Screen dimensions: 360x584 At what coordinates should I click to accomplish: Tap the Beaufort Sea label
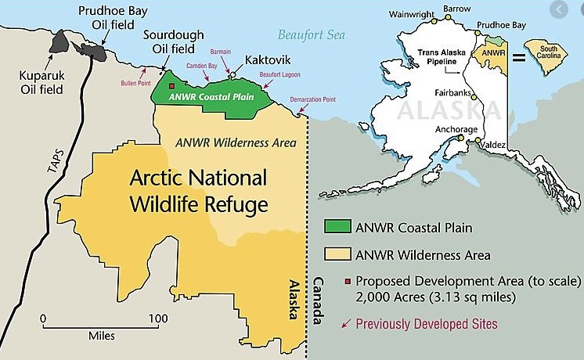(x=311, y=34)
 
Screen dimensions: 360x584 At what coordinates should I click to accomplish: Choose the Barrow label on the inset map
(x=457, y=9)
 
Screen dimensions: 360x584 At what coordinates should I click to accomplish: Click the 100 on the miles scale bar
(x=159, y=319)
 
